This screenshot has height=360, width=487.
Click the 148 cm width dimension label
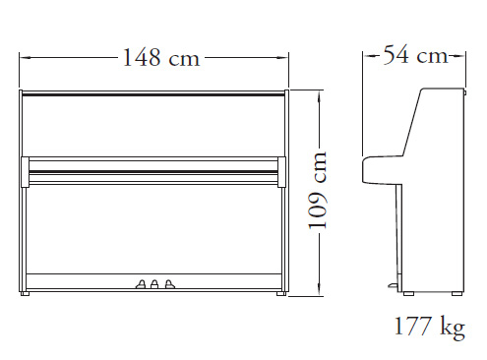coord(161,58)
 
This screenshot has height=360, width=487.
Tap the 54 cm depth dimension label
coord(415,55)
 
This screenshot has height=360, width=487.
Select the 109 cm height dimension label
coord(318,190)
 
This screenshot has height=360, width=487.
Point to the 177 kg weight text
coord(430,327)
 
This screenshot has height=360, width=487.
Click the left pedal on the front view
coord(141,284)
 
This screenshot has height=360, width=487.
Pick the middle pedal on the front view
coord(154,284)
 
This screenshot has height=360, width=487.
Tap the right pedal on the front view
coord(169,284)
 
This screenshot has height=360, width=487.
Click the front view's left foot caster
coord(25,293)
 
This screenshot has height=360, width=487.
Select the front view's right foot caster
coord(281,293)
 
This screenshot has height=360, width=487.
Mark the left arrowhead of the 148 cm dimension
coord(25,58)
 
